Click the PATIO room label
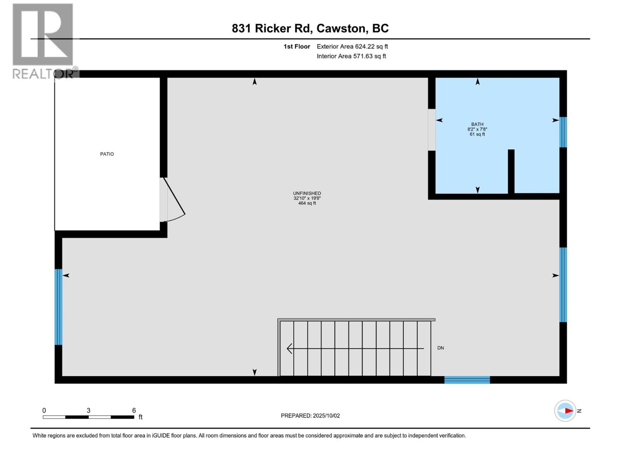tap(107, 154)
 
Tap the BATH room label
tap(477, 124)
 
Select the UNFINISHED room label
tap(307, 193)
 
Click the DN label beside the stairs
tap(441, 348)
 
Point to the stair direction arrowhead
tap(290, 348)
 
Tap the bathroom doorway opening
tap(432, 130)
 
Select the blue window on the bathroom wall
tap(563, 132)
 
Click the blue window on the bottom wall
tap(467, 380)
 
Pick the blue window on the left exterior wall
tap(58, 307)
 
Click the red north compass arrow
tap(569, 410)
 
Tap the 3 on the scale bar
tap(88, 410)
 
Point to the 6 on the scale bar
tap(134, 410)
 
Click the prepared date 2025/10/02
tap(326, 416)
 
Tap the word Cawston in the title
tap(341, 28)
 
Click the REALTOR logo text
tap(43, 73)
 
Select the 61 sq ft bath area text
tap(477, 134)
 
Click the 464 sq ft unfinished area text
tap(307, 203)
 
